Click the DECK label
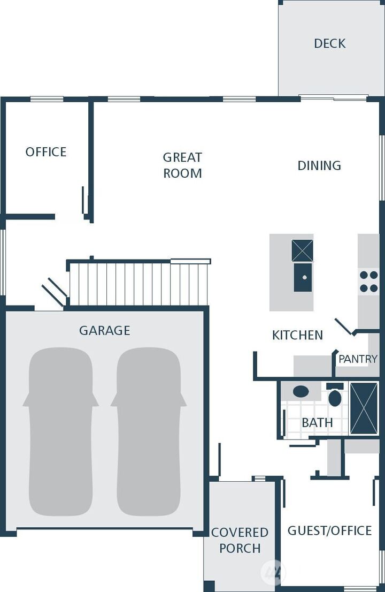329,43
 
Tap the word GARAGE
104,330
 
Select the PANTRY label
358,359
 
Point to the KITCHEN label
297,335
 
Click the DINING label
319,165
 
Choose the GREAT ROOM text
182,165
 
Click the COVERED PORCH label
240,540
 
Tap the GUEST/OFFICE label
329,530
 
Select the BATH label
317,422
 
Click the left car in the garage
61,431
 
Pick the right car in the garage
149,431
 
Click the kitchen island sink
303,277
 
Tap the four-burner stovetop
368,281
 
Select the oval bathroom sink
301,391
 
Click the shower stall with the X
364,408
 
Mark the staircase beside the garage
138,283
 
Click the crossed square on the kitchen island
303,251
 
